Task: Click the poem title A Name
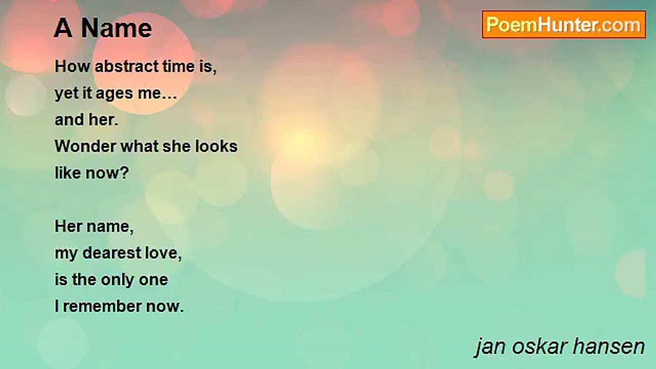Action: click(x=103, y=28)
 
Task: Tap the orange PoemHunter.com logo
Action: click(x=564, y=25)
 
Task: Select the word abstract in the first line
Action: click(x=127, y=66)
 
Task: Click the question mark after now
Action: click(x=125, y=173)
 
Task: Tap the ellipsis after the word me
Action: click(x=169, y=97)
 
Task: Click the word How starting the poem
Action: click(x=73, y=66)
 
